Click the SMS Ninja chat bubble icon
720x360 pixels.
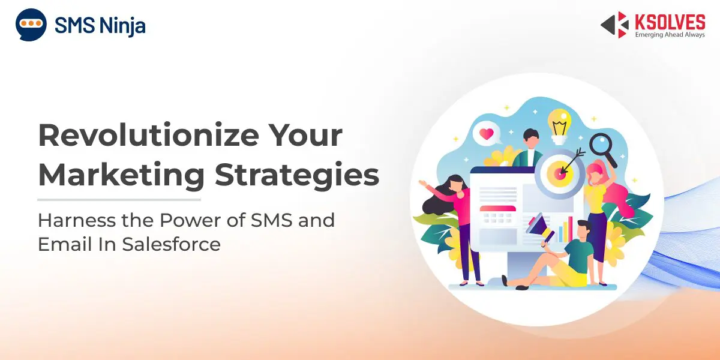coord(31,25)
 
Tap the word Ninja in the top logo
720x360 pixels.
coord(122,26)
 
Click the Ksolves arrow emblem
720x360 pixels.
coord(615,25)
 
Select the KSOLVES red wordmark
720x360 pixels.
coord(670,22)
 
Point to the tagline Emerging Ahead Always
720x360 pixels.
coord(670,34)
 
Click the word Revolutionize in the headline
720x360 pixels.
coord(149,135)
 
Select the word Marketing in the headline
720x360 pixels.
coord(121,176)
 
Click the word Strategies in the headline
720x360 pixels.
coord(297,176)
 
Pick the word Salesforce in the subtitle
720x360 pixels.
coord(172,244)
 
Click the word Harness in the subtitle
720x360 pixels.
coord(77,220)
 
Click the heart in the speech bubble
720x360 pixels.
coord(486,134)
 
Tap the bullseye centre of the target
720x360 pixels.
coord(560,173)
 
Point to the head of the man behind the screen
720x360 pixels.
coord(530,138)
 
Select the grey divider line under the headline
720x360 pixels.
coord(119,200)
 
